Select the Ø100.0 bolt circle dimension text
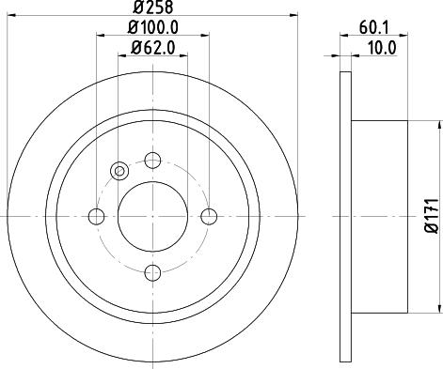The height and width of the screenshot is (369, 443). pyautogui.click(x=152, y=29)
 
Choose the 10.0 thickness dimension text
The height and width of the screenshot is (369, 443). pyautogui.click(x=382, y=46)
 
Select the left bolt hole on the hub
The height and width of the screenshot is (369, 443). pyautogui.click(x=96, y=217)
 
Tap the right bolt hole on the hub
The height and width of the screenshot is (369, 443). pyautogui.click(x=210, y=217)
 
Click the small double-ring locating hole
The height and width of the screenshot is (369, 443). pyautogui.click(x=119, y=170)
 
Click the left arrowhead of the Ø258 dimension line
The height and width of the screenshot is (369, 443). pyautogui.click(x=11, y=19)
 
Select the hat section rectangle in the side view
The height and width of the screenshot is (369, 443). pyautogui.click(x=379, y=217)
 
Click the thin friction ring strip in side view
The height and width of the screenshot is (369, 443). pyautogui.click(x=344, y=217)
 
